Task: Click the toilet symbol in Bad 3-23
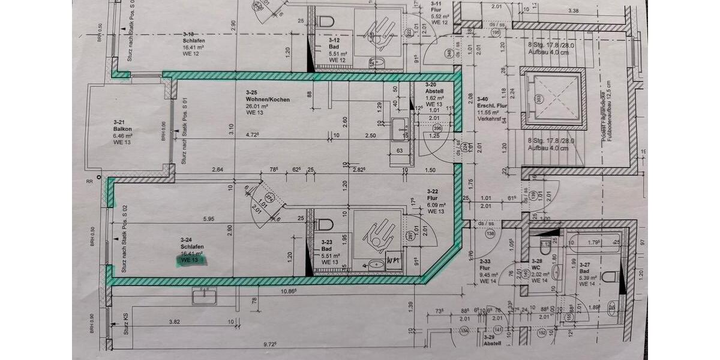click(325, 224)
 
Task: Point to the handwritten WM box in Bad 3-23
click(394, 261)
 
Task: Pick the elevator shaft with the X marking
click(552, 98)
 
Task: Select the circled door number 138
click(490, 233)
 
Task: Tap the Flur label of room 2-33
click(485, 268)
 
